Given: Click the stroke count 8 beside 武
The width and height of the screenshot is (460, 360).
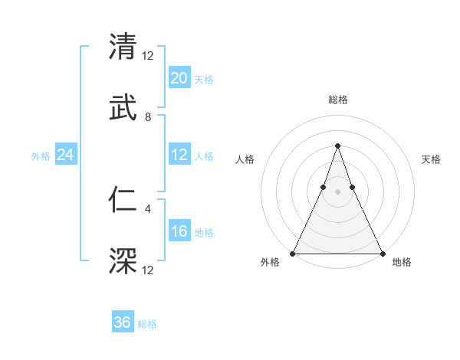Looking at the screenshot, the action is [148, 117].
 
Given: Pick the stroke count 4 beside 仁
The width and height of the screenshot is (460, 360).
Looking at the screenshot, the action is [148, 207].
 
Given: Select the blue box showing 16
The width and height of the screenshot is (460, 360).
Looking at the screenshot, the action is [179, 231].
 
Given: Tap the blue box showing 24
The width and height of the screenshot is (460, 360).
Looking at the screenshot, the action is [66, 155].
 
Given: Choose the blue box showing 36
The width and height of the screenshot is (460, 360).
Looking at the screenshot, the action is [123, 322].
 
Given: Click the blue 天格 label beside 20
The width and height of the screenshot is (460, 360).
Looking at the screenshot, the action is [204, 79].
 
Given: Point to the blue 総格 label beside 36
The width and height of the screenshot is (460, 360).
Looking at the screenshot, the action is [147, 324].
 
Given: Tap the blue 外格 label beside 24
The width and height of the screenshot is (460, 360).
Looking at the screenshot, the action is [41, 155].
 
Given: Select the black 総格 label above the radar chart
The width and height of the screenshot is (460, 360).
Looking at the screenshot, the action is [337, 100].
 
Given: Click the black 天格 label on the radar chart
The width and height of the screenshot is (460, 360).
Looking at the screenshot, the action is [432, 159].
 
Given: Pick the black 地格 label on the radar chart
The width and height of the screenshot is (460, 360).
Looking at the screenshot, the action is [402, 262].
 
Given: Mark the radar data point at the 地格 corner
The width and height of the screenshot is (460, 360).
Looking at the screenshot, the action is [382, 253].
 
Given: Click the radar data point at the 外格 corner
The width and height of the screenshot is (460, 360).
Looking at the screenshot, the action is [293, 253].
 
